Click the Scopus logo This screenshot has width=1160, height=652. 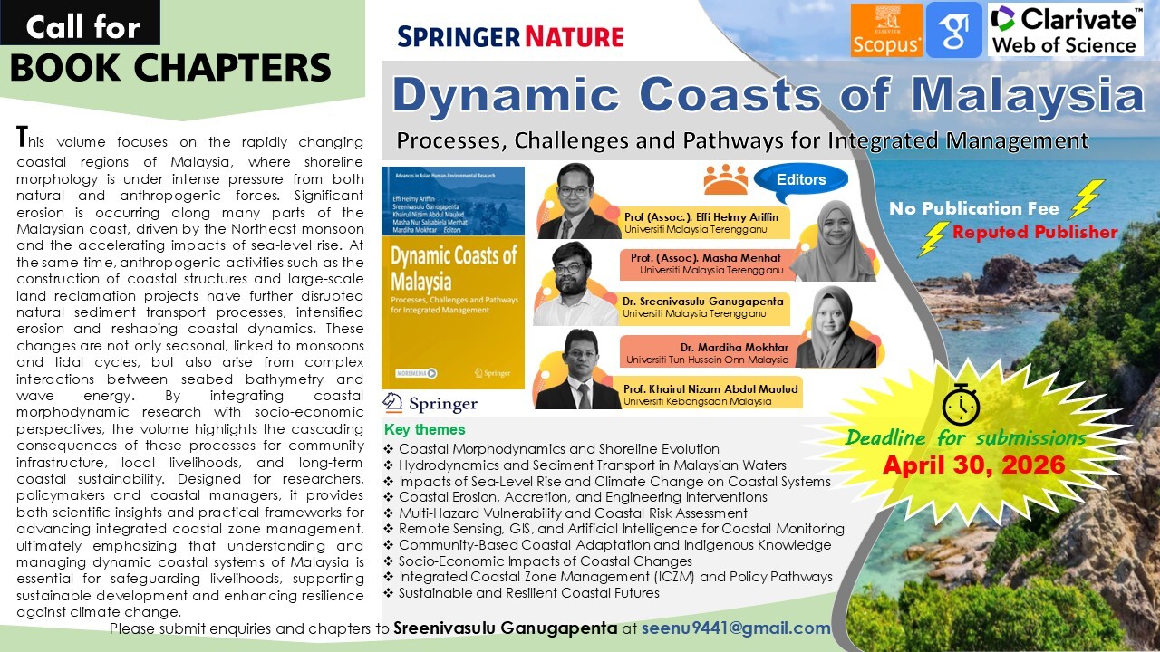point(886,29)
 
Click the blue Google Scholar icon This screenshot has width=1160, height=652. point(953,29)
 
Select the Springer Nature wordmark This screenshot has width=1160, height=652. point(510,37)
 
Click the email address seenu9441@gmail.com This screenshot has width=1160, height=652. point(736,628)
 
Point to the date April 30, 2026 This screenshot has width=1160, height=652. point(973,466)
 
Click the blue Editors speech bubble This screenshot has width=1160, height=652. point(800,179)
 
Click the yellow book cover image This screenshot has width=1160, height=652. point(453,278)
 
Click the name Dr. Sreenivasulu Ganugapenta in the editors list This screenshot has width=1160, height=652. point(702,300)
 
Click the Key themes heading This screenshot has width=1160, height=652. point(424,430)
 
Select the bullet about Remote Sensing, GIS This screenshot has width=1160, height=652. point(621,529)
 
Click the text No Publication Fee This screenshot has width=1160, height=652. point(973,208)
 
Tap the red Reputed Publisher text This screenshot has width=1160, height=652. point(1034,233)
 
